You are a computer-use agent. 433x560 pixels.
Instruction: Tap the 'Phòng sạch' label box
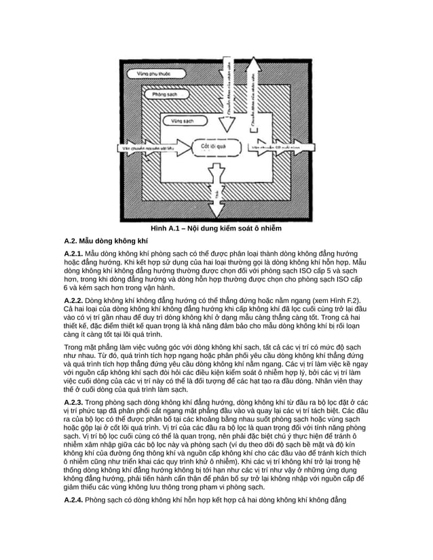point(165,96)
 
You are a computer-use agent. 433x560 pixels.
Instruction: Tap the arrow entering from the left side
point(146,146)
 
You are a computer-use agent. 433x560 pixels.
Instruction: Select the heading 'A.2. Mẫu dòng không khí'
point(105,240)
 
